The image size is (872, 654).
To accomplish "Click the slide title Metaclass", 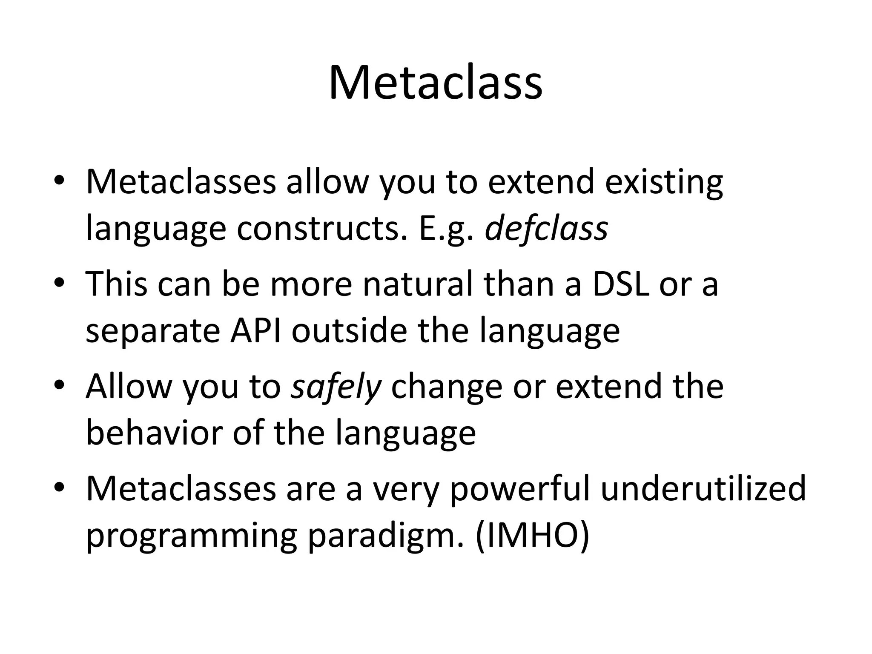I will point(435,83).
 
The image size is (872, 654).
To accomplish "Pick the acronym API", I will point(255,331).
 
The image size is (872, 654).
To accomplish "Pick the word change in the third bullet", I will point(446,387).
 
